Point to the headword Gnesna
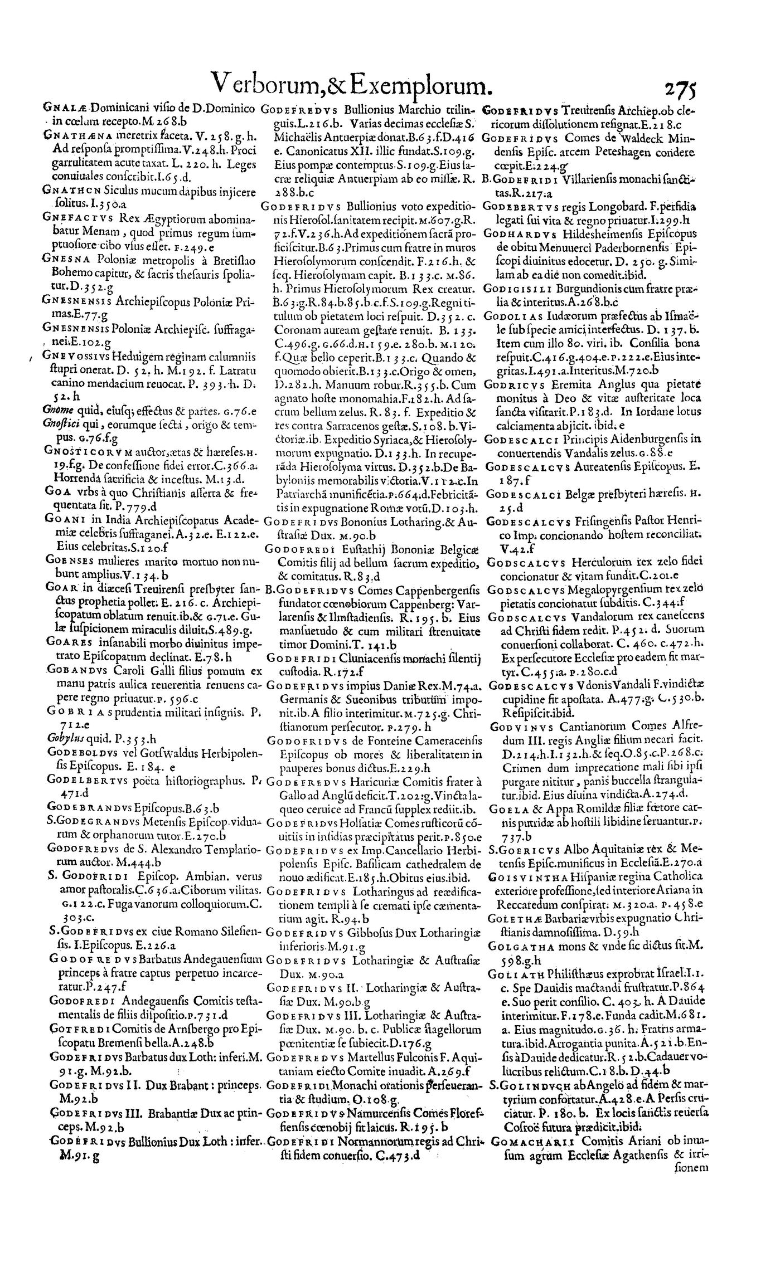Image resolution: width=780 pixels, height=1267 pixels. pos(60,257)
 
